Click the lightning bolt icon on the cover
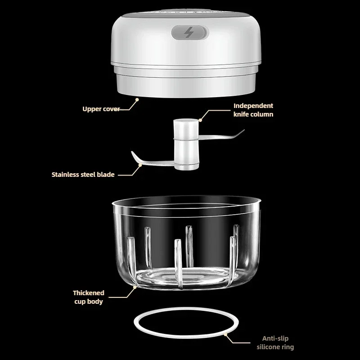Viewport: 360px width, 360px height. point(189,32)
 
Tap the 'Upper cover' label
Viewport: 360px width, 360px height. point(101,109)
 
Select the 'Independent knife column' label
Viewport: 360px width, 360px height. point(253,110)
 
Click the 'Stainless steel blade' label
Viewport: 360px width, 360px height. point(83,175)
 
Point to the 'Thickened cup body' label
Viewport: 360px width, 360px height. point(89,297)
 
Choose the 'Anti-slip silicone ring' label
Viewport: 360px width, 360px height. point(275,342)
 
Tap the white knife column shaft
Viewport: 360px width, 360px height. point(186,144)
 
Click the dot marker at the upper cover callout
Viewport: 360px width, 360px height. point(137,99)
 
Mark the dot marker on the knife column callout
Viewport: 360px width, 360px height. point(200,120)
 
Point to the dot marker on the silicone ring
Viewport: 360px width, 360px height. point(226,334)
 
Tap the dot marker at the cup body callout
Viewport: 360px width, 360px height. point(135,287)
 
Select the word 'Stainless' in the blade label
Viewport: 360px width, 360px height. point(65,175)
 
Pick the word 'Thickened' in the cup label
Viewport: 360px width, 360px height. point(89,293)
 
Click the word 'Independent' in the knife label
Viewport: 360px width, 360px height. point(253,106)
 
